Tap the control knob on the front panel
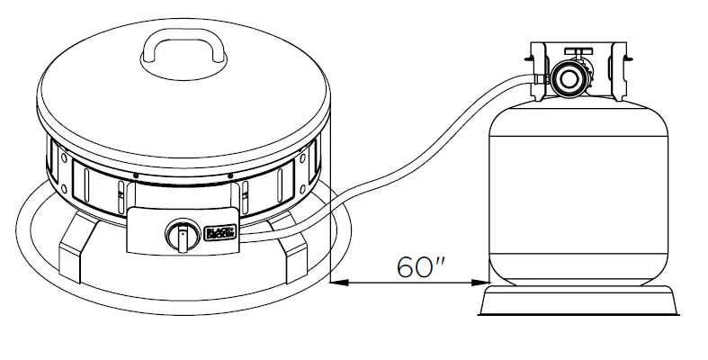[x=181, y=237]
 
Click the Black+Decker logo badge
[x=220, y=232]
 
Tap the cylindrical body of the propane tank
[x=578, y=198]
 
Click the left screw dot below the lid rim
[x=134, y=175]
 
